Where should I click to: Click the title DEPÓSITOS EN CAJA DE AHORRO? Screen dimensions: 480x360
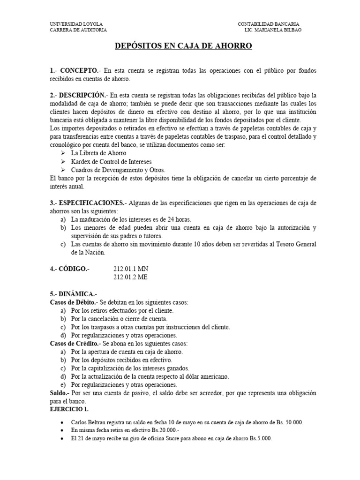[x=184, y=45]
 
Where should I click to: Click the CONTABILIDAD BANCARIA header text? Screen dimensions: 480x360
[x=269, y=24]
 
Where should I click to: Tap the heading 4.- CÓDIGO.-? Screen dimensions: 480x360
[x=69, y=269]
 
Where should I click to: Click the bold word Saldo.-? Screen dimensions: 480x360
[x=60, y=393]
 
